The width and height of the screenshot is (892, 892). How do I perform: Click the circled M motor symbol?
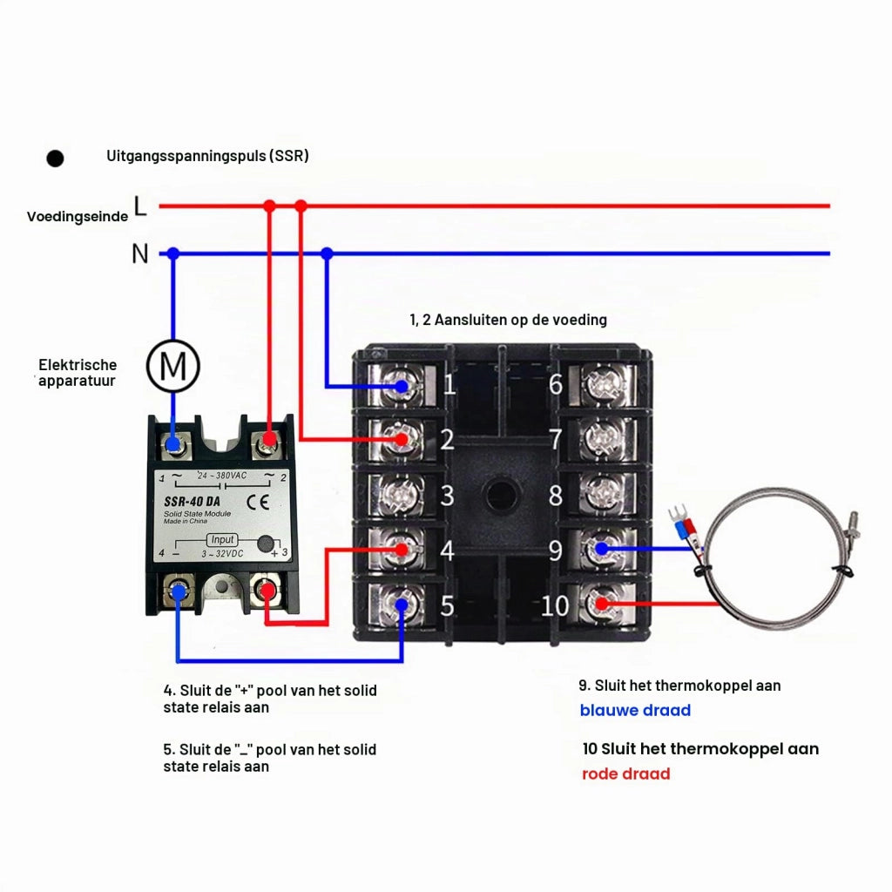(173, 366)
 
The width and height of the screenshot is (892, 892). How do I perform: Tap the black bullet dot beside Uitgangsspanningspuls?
(55, 159)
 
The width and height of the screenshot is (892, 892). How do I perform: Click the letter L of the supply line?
(140, 206)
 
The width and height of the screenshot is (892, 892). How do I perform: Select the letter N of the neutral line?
(140, 253)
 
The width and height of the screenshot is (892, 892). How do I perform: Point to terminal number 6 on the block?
(556, 385)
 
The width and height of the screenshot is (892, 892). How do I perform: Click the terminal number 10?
(555, 606)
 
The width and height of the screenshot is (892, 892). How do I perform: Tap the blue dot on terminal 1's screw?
(402, 387)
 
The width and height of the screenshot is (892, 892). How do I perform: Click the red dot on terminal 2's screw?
(402, 440)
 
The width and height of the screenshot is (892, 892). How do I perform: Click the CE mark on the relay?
(258, 502)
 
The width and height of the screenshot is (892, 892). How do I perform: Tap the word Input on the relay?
(222, 539)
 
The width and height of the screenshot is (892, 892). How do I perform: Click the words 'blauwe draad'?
(635, 711)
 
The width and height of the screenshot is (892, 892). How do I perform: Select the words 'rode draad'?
(625, 774)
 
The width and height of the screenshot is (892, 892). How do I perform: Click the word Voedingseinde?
(78, 217)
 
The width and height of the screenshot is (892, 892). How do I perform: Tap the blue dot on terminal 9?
(601, 550)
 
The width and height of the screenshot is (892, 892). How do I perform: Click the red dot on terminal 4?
(402, 550)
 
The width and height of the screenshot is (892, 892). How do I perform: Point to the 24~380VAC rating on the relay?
(222, 476)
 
